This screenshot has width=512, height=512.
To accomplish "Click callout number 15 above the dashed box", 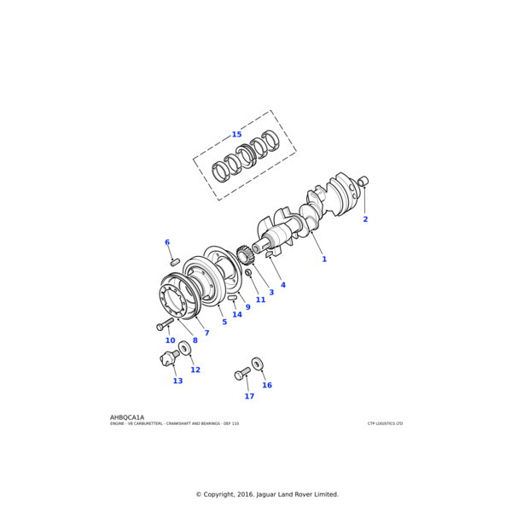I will [x=236, y=134].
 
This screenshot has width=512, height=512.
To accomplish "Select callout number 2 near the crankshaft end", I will [x=365, y=219].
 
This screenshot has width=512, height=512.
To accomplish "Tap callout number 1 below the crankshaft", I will [x=324, y=259].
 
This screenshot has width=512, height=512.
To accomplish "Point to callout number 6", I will [x=167, y=242].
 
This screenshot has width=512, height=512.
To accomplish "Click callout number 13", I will [x=177, y=381].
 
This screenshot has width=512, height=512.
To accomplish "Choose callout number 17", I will [x=249, y=396].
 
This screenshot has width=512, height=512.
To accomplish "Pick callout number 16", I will [x=267, y=385].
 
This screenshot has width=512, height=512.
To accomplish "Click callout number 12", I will [x=195, y=369].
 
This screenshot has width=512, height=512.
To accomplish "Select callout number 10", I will [x=170, y=340].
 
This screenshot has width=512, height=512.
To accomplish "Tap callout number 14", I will [x=237, y=314].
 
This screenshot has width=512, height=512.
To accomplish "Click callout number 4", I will [x=283, y=285].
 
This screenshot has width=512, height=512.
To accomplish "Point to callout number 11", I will [x=260, y=300].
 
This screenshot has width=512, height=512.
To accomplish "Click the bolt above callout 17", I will [x=242, y=374].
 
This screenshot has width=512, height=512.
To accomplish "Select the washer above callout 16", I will [x=258, y=364].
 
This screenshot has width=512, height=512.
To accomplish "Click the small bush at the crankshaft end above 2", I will [x=363, y=181].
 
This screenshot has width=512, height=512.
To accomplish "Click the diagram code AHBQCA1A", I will [x=127, y=417].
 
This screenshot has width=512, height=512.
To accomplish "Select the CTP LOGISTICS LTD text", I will [x=385, y=423].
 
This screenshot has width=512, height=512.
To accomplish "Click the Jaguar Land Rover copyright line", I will [x=267, y=494].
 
